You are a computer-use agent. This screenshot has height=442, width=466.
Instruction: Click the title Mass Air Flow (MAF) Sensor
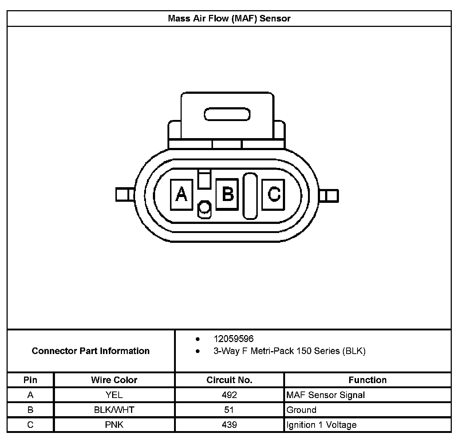(229, 19)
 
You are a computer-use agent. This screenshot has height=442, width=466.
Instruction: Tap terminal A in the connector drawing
(181, 194)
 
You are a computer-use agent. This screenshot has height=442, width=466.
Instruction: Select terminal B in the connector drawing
(227, 194)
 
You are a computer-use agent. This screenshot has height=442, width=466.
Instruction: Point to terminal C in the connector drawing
(273, 194)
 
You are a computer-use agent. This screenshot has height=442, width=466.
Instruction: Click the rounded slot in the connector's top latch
(227, 114)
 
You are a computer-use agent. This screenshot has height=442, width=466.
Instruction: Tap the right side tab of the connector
(329, 196)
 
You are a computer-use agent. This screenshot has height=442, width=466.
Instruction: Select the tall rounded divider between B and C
(250, 196)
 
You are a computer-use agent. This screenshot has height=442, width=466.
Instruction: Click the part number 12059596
(233, 339)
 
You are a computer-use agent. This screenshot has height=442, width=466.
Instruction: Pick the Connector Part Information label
(91, 351)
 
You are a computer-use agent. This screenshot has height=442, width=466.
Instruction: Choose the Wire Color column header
(114, 380)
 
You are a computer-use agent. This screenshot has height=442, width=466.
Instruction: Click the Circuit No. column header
(229, 380)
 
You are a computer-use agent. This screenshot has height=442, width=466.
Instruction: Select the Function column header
(367, 380)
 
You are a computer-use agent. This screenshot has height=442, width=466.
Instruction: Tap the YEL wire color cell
(114, 395)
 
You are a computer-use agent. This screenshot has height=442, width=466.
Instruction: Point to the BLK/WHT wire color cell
(114, 410)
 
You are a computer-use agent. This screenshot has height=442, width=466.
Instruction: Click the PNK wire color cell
(114, 425)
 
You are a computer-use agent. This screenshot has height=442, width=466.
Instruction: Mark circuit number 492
(229, 395)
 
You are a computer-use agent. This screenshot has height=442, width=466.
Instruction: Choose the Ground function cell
(301, 410)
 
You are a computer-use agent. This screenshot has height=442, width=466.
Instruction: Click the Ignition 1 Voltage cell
(321, 425)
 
